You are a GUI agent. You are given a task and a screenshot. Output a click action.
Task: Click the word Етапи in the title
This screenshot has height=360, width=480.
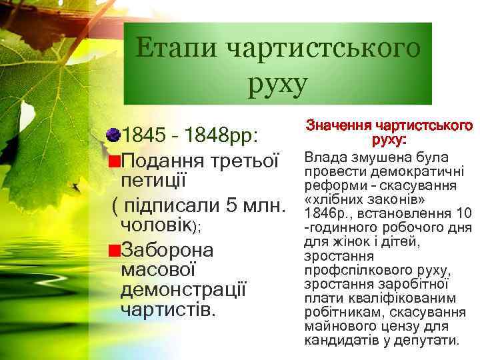[175, 49]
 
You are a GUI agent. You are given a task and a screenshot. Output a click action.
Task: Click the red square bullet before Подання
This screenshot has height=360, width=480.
[115, 161]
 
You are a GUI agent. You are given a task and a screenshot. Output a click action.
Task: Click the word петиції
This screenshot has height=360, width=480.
[153, 181]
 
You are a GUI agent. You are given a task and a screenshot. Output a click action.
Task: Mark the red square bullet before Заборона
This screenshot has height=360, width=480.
[115, 251]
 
